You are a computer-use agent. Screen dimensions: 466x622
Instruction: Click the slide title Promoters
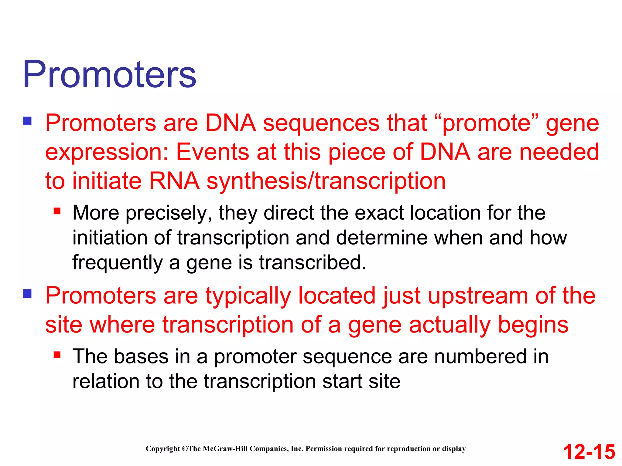[109, 74]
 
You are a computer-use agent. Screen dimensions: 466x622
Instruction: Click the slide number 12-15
[589, 452]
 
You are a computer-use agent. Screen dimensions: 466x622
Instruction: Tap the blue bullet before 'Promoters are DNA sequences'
[27, 121]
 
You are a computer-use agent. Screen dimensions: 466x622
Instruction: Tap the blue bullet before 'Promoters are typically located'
[27, 294]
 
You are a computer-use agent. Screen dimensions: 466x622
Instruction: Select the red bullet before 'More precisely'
[57, 211]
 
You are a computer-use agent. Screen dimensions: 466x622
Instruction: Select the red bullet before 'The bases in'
[57, 355]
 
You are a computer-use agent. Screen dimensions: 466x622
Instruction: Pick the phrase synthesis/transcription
[326, 181]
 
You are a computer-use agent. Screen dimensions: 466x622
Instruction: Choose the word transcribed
[313, 263]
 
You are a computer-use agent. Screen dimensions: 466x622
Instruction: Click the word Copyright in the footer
[163, 449]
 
